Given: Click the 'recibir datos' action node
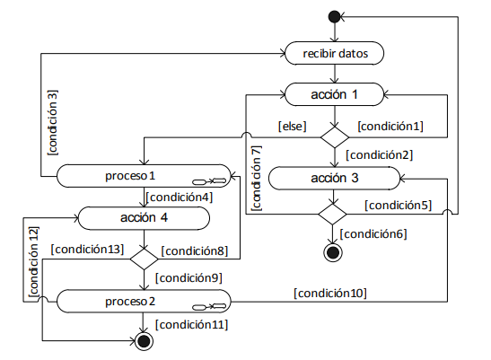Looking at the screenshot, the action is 335,53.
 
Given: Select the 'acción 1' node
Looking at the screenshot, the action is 335,94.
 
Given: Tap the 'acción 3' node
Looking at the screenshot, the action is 335,178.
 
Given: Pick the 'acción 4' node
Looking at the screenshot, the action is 144,218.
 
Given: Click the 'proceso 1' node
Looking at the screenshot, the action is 144,176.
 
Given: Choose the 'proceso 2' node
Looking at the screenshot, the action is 144,301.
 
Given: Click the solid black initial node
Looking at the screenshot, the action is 335,16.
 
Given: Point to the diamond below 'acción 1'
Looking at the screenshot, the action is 335,137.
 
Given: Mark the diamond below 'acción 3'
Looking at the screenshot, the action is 332,214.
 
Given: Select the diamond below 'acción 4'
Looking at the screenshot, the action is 144,259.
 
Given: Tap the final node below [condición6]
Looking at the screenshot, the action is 333,252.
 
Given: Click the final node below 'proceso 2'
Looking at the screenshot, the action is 144,341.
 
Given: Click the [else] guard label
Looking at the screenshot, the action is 292,127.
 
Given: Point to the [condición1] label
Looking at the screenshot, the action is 390,127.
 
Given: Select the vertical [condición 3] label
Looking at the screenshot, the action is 53,122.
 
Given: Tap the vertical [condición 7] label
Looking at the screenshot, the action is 256,179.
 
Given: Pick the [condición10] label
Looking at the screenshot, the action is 330,294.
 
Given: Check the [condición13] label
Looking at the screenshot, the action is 87,249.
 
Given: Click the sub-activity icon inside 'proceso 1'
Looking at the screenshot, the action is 209,181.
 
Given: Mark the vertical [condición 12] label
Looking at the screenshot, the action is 33,262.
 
